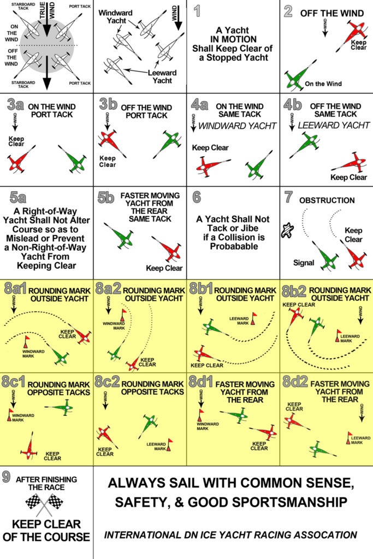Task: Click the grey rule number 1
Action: [197, 11]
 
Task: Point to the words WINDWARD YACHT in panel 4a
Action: [229, 126]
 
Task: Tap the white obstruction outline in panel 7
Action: [286, 231]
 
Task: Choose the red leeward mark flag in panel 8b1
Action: [253, 317]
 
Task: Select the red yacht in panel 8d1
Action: [266, 433]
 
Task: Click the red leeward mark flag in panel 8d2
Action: [350, 436]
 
